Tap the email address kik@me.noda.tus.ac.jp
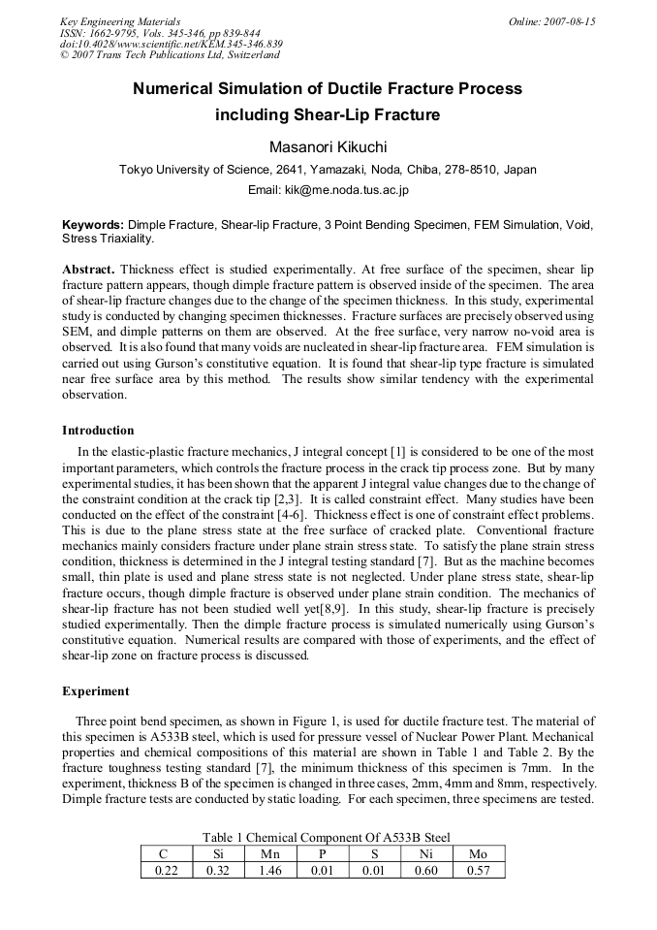pyautogui.click(x=328, y=189)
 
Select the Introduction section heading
pyautogui.click(x=98, y=430)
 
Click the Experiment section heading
pyautogui.click(x=96, y=691)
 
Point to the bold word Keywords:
pyautogui.click(x=93, y=224)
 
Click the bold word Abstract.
pyautogui.click(x=89, y=268)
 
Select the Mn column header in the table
pyautogui.click(x=270, y=854)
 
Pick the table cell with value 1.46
pyautogui.click(x=270, y=870)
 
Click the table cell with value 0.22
pyautogui.click(x=167, y=870)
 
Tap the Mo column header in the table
pyautogui.click(x=478, y=854)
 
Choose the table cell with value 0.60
pyautogui.click(x=426, y=870)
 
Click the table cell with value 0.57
pyautogui.click(x=478, y=870)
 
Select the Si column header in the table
pyautogui.click(x=218, y=854)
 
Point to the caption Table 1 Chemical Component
pyautogui.click(x=327, y=837)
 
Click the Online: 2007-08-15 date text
pyautogui.click(x=551, y=21)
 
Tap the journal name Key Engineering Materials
pyautogui.click(x=120, y=21)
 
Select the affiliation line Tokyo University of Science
pyautogui.click(x=328, y=169)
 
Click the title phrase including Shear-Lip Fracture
pyautogui.click(x=328, y=115)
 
